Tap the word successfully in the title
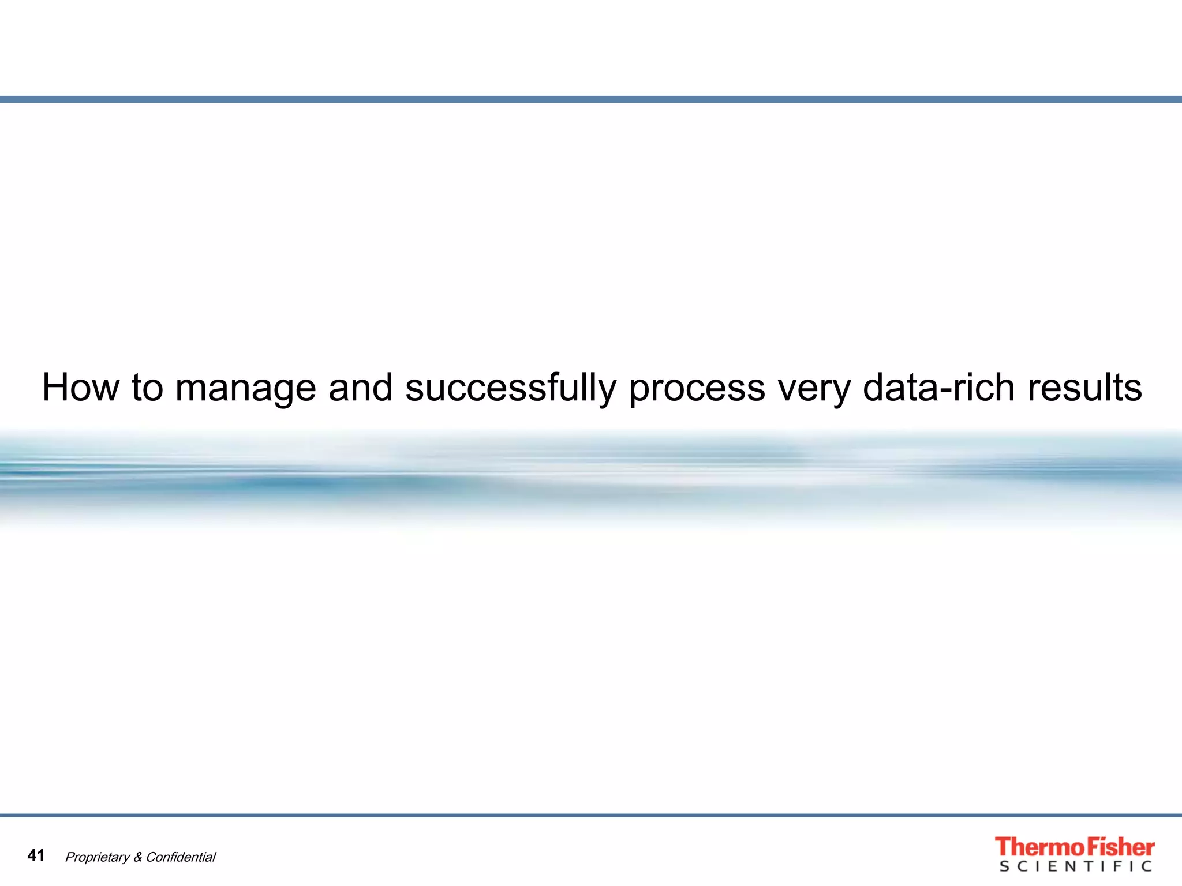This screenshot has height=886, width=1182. (x=511, y=388)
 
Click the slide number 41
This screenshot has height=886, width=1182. (x=36, y=855)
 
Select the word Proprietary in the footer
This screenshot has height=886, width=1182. (x=98, y=857)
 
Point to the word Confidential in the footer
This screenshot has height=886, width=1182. (x=181, y=857)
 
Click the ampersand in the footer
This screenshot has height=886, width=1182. (x=138, y=857)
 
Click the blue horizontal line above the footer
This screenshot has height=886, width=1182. (x=591, y=815)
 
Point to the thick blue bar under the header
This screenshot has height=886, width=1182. (x=591, y=99)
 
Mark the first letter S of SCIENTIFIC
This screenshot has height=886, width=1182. (x=1004, y=866)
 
